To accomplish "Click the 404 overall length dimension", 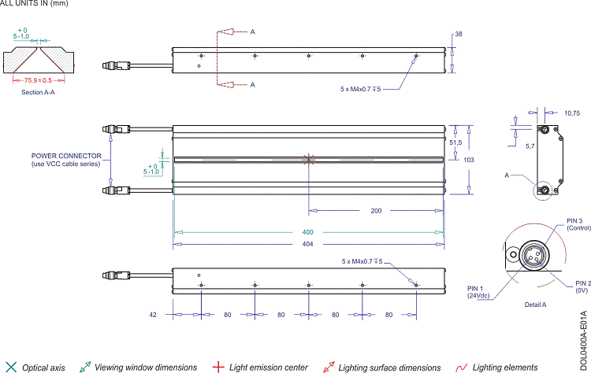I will click(x=307, y=245).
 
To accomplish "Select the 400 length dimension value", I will click(x=307, y=233).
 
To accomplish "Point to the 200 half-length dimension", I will click(x=375, y=211).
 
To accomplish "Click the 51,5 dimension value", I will click(x=455, y=142).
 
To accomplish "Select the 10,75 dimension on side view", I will click(x=571, y=113).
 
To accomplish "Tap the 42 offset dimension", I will click(x=154, y=315).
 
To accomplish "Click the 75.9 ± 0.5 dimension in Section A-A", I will click(x=38, y=80).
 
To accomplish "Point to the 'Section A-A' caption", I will click(x=38, y=92).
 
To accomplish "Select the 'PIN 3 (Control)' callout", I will click(x=573, y=224).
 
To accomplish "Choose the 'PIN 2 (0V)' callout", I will click(x=582, y=286).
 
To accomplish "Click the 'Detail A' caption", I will click(x=535, y=304).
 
